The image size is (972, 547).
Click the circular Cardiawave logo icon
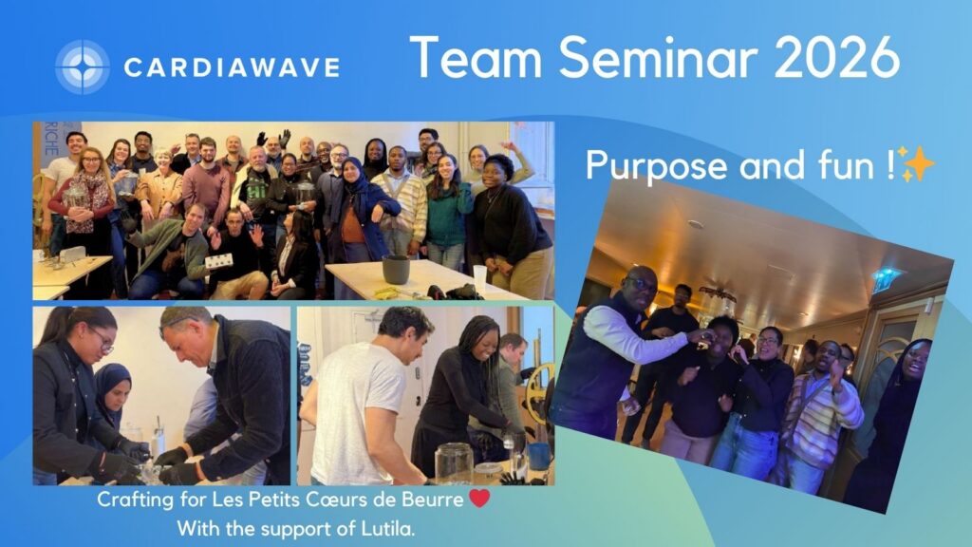(83, 67)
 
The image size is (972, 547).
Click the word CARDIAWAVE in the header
(232, 67)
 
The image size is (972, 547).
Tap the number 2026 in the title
(837, 58)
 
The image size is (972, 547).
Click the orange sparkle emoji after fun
(915, 164)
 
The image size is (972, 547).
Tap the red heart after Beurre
(479, 499)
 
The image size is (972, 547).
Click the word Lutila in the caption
(387, 529)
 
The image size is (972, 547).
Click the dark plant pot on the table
(396, 269)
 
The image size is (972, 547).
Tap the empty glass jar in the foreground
(454, 463)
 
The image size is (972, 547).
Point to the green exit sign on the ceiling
(886, 277)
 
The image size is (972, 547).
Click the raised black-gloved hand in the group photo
(285, 138)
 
